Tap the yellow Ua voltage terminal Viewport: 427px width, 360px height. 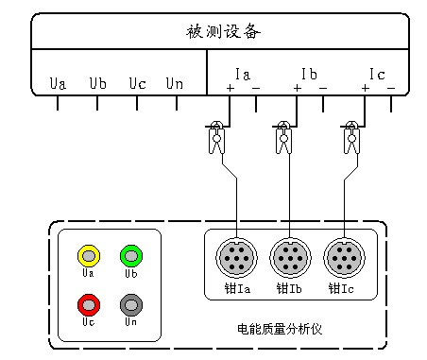[x=89, y=255]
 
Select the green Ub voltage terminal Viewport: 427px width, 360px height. [x=130, y=255]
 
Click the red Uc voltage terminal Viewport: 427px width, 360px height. [x=89, y=304]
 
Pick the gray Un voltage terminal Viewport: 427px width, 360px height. [x=130, y=304]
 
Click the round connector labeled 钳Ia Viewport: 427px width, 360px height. [x=235, y=256]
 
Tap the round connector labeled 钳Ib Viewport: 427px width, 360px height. [x=288, y=256]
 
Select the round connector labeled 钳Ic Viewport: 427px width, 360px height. [x=341, y=256]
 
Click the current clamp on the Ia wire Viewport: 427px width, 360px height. [x=217, y=138]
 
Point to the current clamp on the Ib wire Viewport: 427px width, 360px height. [x=283, y=138]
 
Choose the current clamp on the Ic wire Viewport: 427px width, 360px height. [x=351, y=138]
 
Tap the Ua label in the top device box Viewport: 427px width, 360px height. [x=58, y=84]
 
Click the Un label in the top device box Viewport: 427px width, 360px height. [x=175, y=84]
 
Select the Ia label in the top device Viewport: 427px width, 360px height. [x=242, y=73]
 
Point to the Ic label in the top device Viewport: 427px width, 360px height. [x=377, y=73]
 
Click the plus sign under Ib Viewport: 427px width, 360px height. [x=297, y=89]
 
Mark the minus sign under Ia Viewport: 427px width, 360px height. [x=256, y=89]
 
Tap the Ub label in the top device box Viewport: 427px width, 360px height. [x=97, y=84]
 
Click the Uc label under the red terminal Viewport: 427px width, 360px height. [x=89, y=322]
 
